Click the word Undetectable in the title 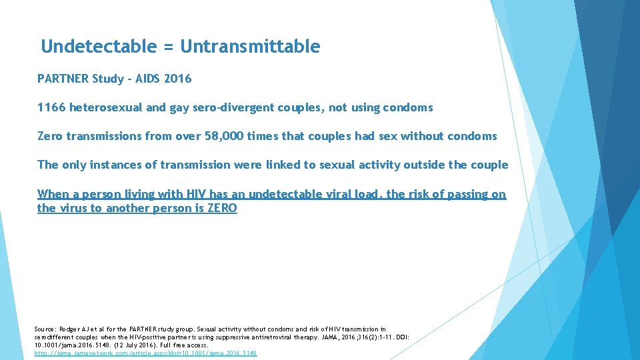click(99, 47)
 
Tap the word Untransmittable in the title click(250, 47)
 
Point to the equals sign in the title click(168, 47)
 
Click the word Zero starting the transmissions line click(50, 136)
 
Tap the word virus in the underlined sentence click(75, 208)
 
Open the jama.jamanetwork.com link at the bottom click(145, 353)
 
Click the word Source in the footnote click(45, 329)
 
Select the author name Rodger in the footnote click(69, 329)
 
